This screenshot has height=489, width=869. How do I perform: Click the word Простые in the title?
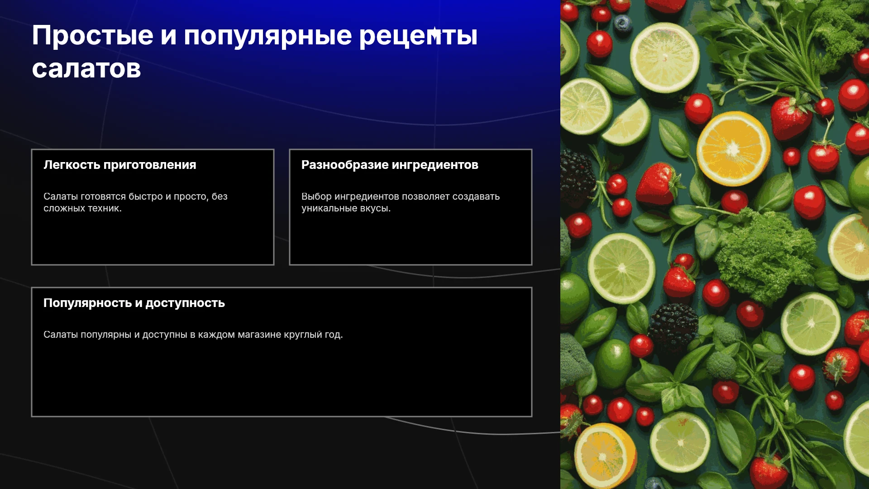pos(93,36)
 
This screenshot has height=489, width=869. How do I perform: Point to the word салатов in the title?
pos(86,69)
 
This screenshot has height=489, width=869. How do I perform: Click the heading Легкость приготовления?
pos(120,165)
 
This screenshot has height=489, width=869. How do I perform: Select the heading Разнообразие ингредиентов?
pos(390,165)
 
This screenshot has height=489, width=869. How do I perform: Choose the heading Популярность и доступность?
pos(134,303)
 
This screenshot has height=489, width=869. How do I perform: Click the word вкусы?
pos(375,208)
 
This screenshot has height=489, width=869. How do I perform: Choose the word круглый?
pos(303,335)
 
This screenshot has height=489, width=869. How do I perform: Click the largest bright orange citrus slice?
pos(733,148)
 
